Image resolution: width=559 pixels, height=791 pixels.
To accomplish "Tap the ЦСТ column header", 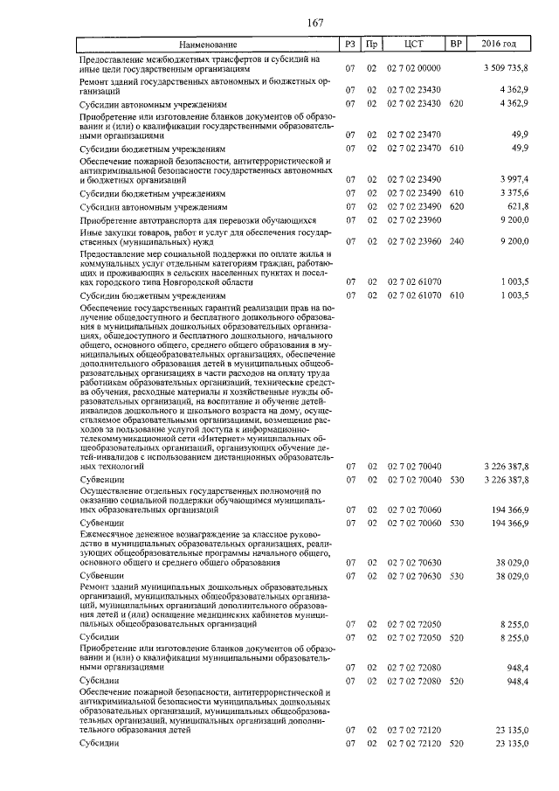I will click(414, 43).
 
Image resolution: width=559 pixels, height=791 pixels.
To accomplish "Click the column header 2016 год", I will click(499, 43).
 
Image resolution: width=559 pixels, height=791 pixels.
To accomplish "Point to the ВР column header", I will click(455, 43).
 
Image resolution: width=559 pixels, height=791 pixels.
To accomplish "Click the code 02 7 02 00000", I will click(414, 68).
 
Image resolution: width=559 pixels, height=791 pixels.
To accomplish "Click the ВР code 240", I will click(455, 240).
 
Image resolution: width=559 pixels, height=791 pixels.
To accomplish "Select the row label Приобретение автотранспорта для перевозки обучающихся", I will click(185, 220).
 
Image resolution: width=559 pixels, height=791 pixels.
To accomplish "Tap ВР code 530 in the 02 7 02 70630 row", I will click(455, 577).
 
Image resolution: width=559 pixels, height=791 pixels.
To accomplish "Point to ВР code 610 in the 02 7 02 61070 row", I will click(455, 296).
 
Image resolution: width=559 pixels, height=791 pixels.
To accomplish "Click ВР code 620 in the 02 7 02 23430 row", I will click(455, 104).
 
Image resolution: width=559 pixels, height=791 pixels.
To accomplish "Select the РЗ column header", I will click(350, 43).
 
